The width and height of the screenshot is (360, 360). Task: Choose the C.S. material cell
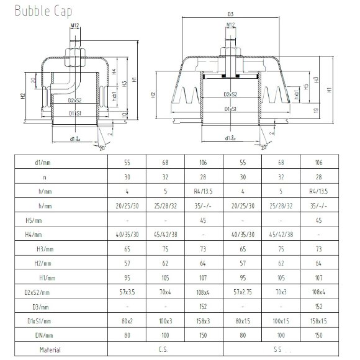(x=165, y=349)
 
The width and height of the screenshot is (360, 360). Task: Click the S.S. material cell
(x=281, y=349)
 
